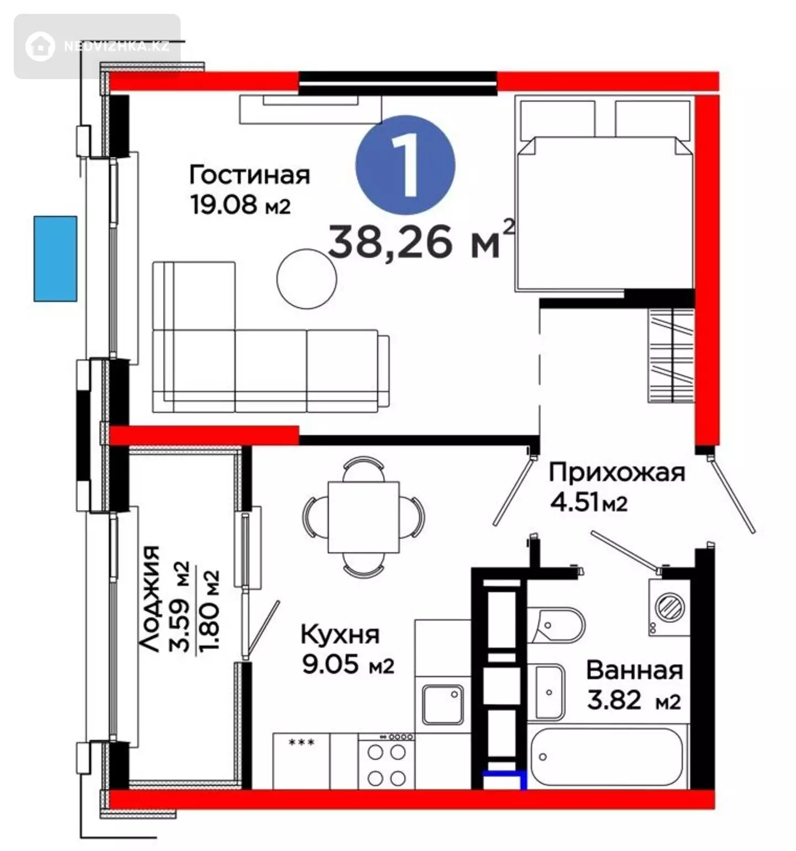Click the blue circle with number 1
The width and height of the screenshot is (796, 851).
(405, 165)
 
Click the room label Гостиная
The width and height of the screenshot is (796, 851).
(249, 175)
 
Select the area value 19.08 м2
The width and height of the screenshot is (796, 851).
(240, 205)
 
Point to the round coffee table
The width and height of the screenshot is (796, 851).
(307, 279)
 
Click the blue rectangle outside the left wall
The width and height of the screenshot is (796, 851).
(55, 259)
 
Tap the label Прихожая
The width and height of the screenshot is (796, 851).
(617, 473)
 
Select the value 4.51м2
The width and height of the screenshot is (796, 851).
(589, 503)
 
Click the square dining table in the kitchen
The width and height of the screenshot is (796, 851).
(364, 517)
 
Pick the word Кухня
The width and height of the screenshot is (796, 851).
(340, 634)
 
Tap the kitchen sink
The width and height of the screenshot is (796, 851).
(443, 704)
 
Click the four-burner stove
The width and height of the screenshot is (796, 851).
(386, 761)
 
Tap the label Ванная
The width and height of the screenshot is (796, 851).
(635, 670)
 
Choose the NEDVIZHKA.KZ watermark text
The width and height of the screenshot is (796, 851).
(116, 46)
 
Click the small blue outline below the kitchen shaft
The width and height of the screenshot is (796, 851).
(505, 780)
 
